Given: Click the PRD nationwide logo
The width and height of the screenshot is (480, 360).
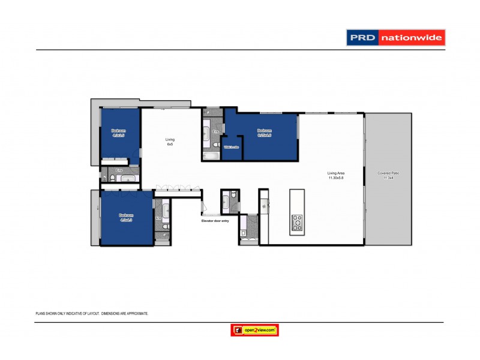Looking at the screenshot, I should pyautogui.click(x=395, y=38).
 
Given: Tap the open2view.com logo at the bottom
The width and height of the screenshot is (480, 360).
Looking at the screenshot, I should pyautogui.click(x=255, y=330).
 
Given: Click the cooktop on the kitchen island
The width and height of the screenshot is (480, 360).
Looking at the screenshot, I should pyautogui.click(x=297, y=222).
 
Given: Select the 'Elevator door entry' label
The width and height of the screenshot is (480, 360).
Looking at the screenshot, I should pyautogui.click(x=215, y=221).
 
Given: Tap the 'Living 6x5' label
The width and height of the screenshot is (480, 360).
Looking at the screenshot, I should pyautogui.click(x=170, y=142).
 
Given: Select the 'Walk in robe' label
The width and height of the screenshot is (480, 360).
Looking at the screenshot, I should pyautogui.click(x=232, y=147).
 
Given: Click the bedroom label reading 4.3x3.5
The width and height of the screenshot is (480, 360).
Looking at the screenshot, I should pyautogui.click(x=118, y=133).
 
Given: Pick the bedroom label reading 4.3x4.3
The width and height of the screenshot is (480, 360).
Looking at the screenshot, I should pyautogui.click(x=125, y=218).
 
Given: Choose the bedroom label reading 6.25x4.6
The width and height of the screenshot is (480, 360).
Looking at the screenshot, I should pyautogui.click(x=265, y=133).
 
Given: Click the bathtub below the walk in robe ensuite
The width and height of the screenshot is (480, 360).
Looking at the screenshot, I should pyautogui.click(x=211, y=157).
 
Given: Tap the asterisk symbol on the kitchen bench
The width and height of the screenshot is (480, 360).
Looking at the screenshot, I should pyautogui.click(x=264, y=206).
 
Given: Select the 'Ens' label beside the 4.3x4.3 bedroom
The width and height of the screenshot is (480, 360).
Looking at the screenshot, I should pyautogui.click(x=158, y=218).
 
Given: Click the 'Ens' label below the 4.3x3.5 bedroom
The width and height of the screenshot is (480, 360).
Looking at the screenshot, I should pyautogui.click(x=119, y=170).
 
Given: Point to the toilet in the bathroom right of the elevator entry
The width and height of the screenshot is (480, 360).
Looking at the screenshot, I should pyautogui.click(x=243, y=233).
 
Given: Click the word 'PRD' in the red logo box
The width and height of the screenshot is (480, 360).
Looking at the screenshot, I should pyautogui.click(x=362, y=38).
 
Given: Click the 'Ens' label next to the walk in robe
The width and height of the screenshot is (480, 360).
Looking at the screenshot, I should pyautogui.click(x=215, y=131).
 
